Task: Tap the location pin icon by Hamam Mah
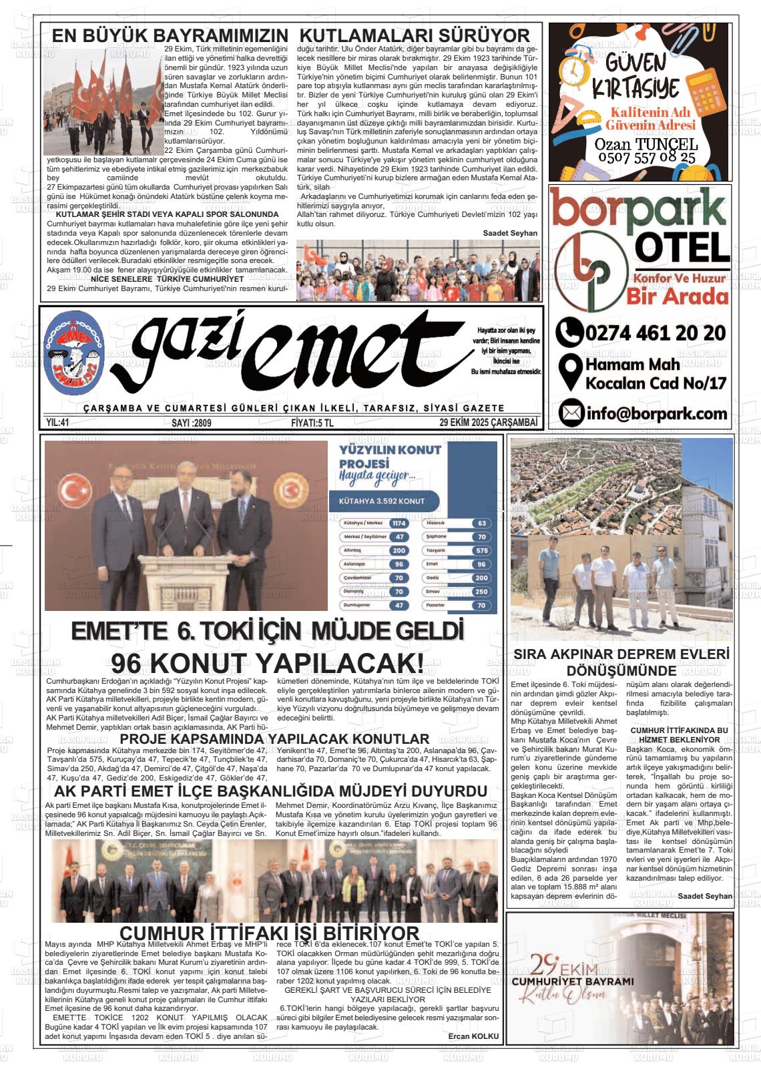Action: click(x=569, y=373)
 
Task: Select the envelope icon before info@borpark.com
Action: click(x=570, y=413)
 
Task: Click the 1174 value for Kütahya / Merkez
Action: click(x=399, y=523)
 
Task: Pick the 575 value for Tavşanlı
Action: click(x=481, y=551)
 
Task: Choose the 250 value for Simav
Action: click(x=481, y=592)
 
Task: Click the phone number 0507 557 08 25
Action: click(x=646, y=158)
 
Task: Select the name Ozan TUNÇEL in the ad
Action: click(x=646, y=144)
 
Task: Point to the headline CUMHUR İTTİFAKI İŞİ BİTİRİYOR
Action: click(x=269, y=933)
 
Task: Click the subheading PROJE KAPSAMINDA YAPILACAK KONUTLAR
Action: click(x=274, y=739)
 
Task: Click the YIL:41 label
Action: click(x=58, y=422)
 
